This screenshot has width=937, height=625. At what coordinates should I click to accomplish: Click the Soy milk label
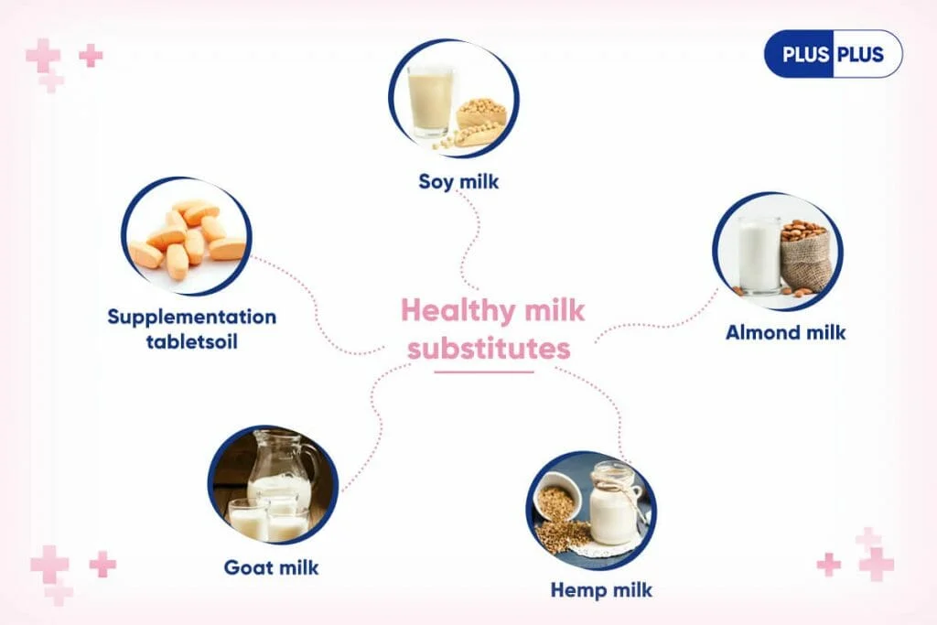pyautogui.click(x=458, y=182)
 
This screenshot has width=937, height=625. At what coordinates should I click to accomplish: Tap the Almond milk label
pyautogui.click(x=785, y=332)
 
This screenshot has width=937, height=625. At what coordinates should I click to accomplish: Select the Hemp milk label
pyautogui.click(x=601, y=589)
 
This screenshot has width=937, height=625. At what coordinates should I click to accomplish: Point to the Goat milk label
pyautogui.click(x=271, y=567)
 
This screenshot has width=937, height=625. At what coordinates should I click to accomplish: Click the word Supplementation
pyautogui.click(x=192, y=317)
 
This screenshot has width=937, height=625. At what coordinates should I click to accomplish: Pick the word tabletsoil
pyautogui.click(x=192, y=341)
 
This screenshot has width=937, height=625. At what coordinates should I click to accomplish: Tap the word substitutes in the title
pyautogui.click(x=489, y=349)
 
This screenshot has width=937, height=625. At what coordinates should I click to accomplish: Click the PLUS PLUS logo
pyautogui.click(x=833, y=54)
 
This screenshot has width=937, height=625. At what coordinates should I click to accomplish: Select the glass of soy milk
pyautogui.click(x=430, y=101)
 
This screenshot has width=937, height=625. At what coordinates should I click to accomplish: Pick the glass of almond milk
pyautogui.click(x=759, y=255)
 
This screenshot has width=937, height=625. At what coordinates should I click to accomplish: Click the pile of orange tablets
pyautogui.click(x=188, y=238)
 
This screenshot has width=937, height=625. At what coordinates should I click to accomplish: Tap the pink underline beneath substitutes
pyautogui.click(x=484, y=372)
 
